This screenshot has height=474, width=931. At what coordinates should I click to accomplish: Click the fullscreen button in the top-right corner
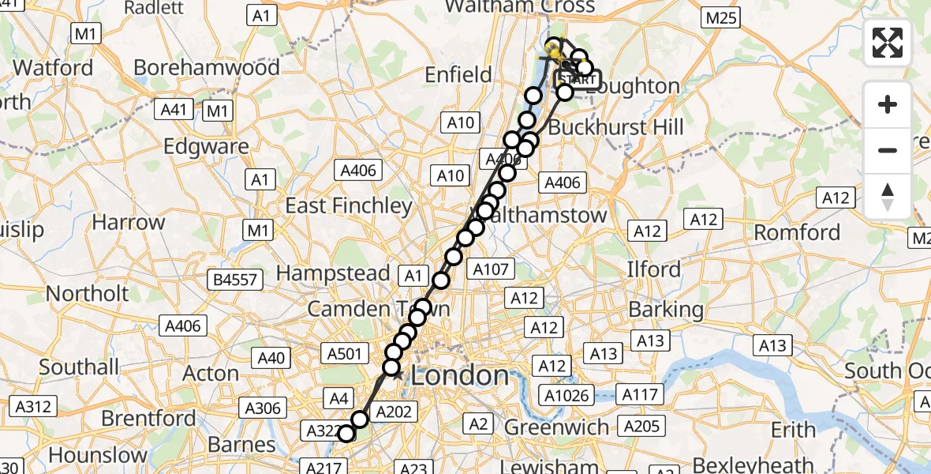(888, 43)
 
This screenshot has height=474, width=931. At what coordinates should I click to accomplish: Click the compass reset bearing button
(888, 197)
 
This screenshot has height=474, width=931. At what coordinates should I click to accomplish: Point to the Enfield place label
(458, 75)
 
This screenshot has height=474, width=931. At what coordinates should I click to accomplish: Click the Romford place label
(797, 232)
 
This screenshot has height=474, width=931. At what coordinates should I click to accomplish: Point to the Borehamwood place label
(207, 67)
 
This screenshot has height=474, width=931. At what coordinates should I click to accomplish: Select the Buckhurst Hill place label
(615, 127)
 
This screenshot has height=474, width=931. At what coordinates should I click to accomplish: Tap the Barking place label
(666, 309)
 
